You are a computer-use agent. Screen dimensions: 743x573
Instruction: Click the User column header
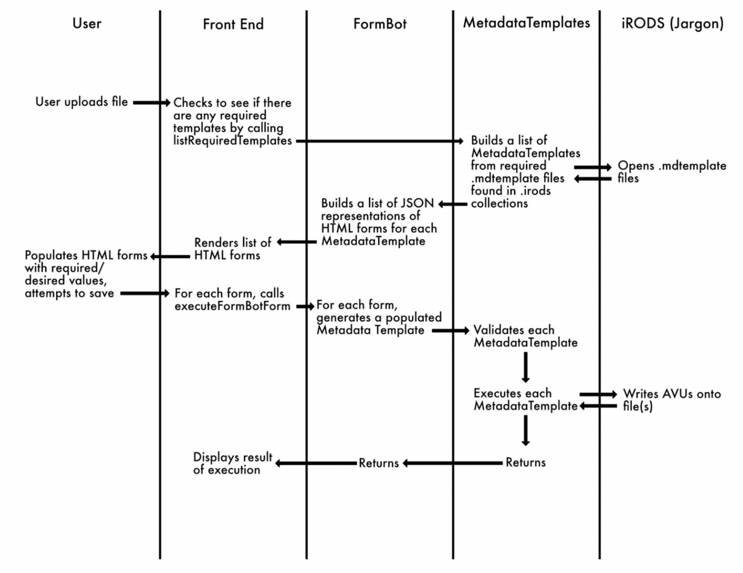[x=87, y=23]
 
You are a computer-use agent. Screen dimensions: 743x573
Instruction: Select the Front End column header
[x=233, y=24]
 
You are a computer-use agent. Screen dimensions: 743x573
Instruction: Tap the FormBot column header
[x=380, y=24]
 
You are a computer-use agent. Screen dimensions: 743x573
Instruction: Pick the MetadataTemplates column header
[x=526, y=23]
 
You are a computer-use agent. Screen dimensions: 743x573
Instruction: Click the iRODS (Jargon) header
[x=672, y=23]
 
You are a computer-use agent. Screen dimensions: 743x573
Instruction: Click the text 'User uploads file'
[x=82, y=102]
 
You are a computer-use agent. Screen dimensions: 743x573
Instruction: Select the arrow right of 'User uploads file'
[x=151, y=102]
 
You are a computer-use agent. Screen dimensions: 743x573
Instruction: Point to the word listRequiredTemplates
[x=232, y=140]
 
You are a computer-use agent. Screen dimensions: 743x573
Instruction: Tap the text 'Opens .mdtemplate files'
[x=671, y=171]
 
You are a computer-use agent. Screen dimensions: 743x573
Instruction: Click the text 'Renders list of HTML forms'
[x=232, y=249]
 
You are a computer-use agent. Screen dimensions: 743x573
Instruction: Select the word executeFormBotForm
[x=232, y=306]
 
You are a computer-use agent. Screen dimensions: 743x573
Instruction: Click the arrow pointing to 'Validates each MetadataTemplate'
[x=450, y=330]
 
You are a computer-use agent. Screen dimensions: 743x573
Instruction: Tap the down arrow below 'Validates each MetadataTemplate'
[x=526, y=367]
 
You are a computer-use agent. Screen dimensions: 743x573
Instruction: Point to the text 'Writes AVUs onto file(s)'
[x=671, y=400]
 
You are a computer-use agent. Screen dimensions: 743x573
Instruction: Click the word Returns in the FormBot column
[x=378, y=463]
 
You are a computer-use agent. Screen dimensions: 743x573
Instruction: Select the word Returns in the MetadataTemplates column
[x=525, y=463]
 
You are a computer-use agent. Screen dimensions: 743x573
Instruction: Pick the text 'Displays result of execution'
[x=232, y=463]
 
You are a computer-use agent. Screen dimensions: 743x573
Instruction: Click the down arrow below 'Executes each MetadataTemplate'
[x=526, y=430]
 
